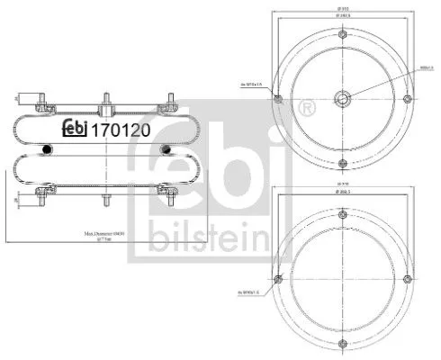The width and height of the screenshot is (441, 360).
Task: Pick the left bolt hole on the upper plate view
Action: pos(278,99)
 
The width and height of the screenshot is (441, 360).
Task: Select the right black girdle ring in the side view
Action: pos(166,148)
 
